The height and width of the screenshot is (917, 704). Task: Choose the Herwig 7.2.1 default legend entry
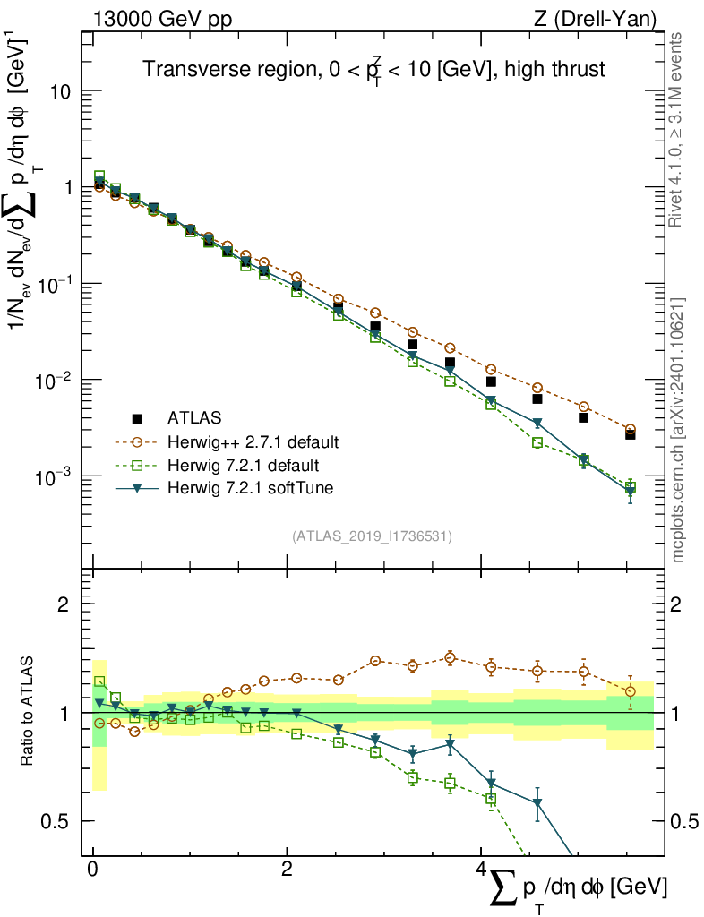(244, 465)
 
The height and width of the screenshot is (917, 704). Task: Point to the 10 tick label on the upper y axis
(68, 92)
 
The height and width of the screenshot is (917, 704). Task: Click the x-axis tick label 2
(287, 870)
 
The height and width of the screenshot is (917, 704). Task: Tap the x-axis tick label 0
(93, 870)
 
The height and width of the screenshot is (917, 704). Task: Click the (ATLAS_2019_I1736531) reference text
(372, 536)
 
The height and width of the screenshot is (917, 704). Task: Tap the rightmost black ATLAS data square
(631, 433)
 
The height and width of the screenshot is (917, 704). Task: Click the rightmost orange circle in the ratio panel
(631, 690)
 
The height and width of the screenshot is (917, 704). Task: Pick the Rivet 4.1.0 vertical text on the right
(677, 130)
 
